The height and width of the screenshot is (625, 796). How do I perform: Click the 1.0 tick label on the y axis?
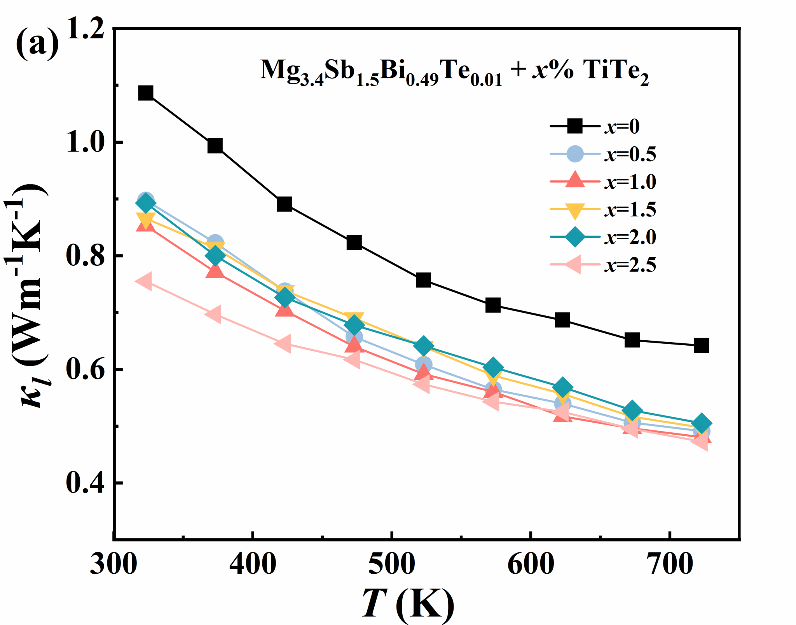pos(86,143)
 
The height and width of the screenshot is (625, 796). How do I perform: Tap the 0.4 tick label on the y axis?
pos(86,483)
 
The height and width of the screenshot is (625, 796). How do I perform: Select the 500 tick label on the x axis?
pos(391,564)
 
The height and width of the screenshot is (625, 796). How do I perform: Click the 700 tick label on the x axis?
pos(670,564)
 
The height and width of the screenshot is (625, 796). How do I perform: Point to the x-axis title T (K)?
pos(408,603)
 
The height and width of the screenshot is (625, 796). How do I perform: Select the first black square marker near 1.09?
pos(146,93)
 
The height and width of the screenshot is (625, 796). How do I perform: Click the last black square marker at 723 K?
pos(701,345)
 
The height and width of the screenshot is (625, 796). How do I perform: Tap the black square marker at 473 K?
pos(354,242)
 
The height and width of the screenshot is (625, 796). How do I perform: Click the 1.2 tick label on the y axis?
pos(86,29)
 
